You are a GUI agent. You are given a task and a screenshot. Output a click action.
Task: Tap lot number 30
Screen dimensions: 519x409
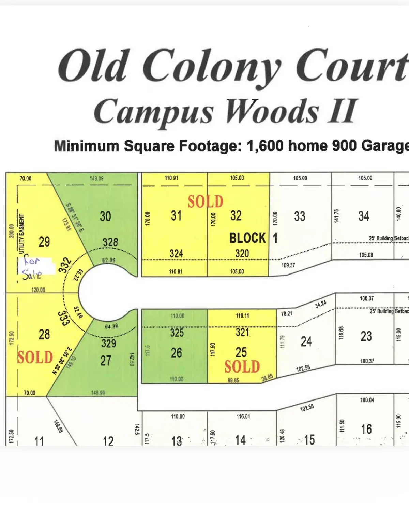point(105,216)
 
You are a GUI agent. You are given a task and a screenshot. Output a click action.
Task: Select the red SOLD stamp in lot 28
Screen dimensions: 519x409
point(35,357)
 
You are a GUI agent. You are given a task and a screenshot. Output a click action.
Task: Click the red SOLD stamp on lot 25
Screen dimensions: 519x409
point(242,366)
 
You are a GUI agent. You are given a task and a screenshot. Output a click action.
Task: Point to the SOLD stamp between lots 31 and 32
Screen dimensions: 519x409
point(206,201)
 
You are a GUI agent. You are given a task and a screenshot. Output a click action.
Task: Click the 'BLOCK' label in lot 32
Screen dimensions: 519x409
point(247,238)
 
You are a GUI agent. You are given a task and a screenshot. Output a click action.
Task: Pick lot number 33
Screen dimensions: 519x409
point(300,216)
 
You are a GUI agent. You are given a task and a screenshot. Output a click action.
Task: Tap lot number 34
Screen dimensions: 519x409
point(364,216)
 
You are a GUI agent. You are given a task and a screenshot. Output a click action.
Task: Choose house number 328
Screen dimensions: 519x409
point(110,242)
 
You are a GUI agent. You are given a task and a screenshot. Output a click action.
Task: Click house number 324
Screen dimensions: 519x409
point(176,253)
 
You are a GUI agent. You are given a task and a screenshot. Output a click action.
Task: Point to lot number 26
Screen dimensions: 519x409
point(176,353)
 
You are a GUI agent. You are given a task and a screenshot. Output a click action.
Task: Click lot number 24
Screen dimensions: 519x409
point(306,341)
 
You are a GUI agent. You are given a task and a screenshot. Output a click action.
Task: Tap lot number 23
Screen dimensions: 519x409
point(366,336)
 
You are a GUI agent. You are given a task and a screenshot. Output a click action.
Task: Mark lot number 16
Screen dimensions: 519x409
point(366,429)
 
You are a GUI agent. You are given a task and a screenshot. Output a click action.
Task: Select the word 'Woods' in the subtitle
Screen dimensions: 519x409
point(272,111)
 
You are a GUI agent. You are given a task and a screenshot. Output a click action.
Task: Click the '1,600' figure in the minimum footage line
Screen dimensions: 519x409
point(265,146)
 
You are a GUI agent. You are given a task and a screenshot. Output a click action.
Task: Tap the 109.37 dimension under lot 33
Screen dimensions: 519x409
point(288,265)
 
